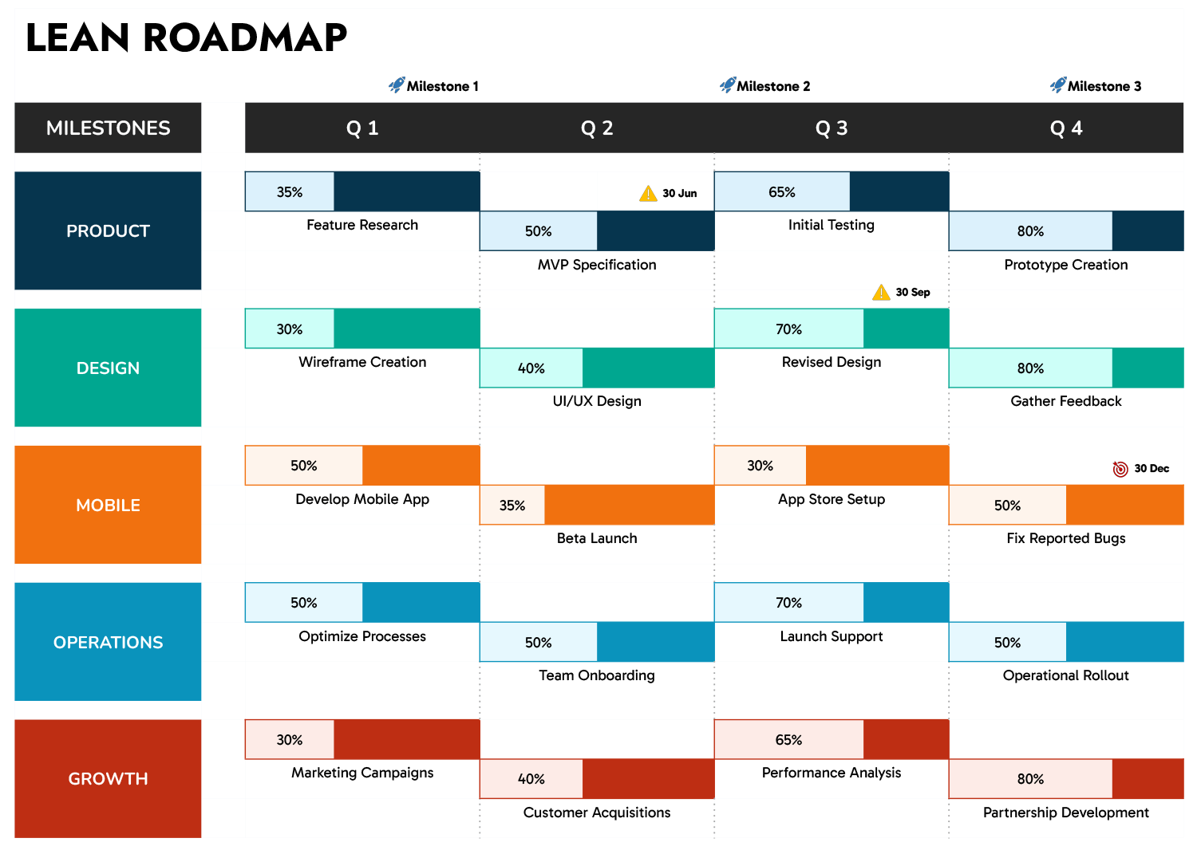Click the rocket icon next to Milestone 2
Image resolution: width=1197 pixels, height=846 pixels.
(x=728, y=85)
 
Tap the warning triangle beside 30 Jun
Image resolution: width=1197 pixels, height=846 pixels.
(x=648, y=193)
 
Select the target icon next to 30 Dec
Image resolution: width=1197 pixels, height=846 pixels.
(x=1120, y=468)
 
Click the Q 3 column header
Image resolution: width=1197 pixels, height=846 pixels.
(x=832, y=128)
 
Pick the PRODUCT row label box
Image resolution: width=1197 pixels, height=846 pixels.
(x=108, y=230)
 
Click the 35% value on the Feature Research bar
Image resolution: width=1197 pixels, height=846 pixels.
(x=290, y=192)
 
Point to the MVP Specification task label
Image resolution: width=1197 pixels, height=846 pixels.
(x=597, y=265)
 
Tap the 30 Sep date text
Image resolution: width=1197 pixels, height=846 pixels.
(x=913, y=292)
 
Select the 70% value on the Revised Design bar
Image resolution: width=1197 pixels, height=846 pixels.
(x=788, y=329)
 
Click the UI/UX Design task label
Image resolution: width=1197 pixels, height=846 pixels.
(x=597, y=401)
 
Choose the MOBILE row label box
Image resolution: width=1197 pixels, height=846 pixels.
(x=108, y=505)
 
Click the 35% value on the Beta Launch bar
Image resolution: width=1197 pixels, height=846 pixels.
(x=512, y=506)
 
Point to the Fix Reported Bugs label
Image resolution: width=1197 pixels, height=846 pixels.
(x=1066, y=538)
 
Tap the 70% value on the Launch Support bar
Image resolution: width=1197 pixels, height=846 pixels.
(x=788, y=603)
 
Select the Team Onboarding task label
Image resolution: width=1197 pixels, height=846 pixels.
(x=597, y=675)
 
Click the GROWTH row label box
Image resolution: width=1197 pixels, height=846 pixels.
(x=108, y=778)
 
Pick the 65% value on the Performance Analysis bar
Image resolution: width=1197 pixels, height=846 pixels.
(x=788, y=740)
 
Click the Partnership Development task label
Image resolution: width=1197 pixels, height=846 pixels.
(x=1066, y=813)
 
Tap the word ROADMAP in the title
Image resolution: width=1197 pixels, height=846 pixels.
(x=245, y=37)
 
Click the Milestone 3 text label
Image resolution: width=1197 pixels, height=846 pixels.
(x=1104, y=86)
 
